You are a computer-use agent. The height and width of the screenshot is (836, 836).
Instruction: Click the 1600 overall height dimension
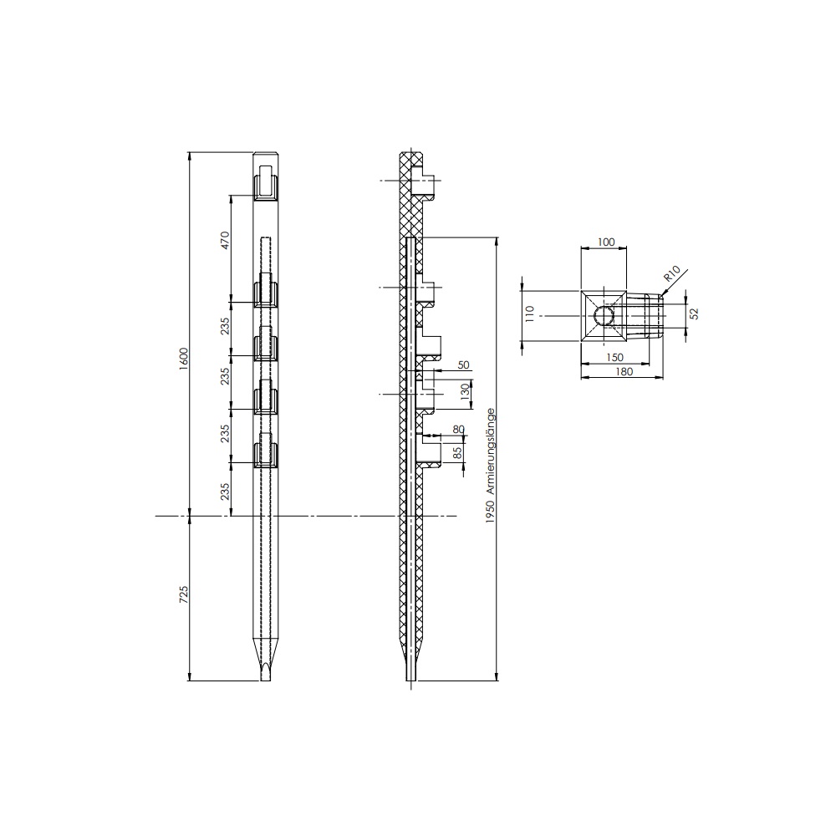184,359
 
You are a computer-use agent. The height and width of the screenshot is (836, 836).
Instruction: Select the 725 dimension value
184,594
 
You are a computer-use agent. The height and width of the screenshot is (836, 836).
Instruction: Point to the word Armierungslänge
491,452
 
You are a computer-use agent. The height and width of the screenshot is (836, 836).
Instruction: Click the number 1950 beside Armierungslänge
491,512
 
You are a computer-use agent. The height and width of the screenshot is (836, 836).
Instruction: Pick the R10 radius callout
672,276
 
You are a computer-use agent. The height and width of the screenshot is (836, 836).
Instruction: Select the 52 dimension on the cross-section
694,313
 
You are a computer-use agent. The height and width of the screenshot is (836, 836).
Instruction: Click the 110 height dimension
529,314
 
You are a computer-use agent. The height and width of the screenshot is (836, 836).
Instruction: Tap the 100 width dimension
605,242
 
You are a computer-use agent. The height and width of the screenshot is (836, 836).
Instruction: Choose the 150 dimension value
614,357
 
